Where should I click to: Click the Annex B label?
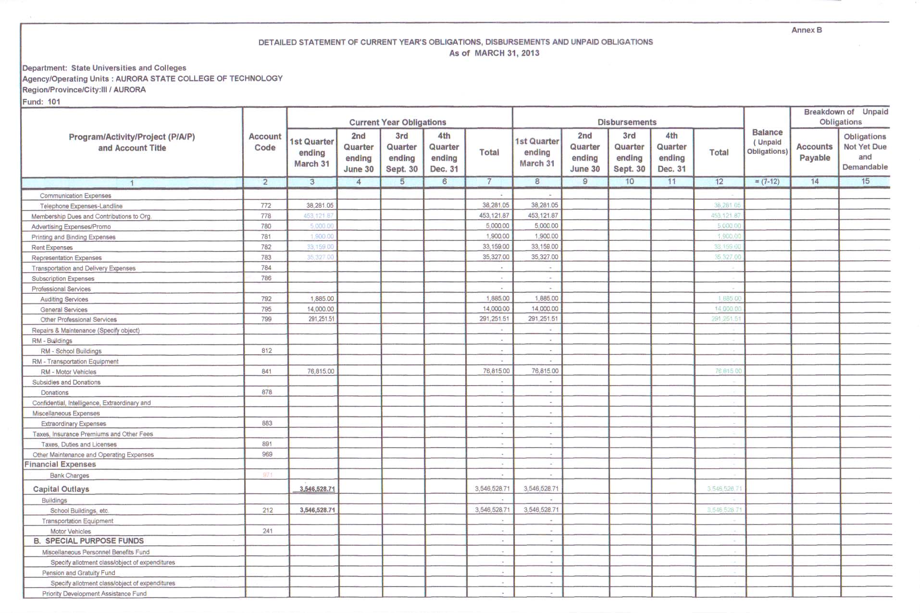click(x=806, y=30)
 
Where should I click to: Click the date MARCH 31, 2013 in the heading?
click(x=507, y=53)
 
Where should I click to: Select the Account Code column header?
click(x=265, y=142)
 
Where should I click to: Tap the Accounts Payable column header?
click(x=814, y=152)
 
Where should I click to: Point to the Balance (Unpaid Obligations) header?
click(x=767, y=141)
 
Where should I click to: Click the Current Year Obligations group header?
click(x=398, y=122)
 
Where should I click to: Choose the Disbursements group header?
click(x=627, y=122)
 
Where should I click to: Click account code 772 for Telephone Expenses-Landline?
click(x=266, y=205)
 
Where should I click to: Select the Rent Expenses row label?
click(x=52, y=248)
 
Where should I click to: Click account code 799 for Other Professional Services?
click(x=266, y=319)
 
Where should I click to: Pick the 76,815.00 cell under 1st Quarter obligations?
click(x=321, y=371)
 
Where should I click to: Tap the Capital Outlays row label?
click(x=61, y=489)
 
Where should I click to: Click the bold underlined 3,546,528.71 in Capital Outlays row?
click(x=317, y=489)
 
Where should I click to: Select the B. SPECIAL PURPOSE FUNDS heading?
click(x=88, y=541)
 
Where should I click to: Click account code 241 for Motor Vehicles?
click(x=267, y=531)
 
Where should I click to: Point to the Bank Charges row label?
click(x=69, y=475)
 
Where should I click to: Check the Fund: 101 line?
click(x=41, y=101)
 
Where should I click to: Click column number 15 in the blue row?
click(x=865, y=181)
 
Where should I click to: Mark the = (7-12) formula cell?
click(x=767, y=181)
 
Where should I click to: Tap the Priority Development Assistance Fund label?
click(x=94, y=594)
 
